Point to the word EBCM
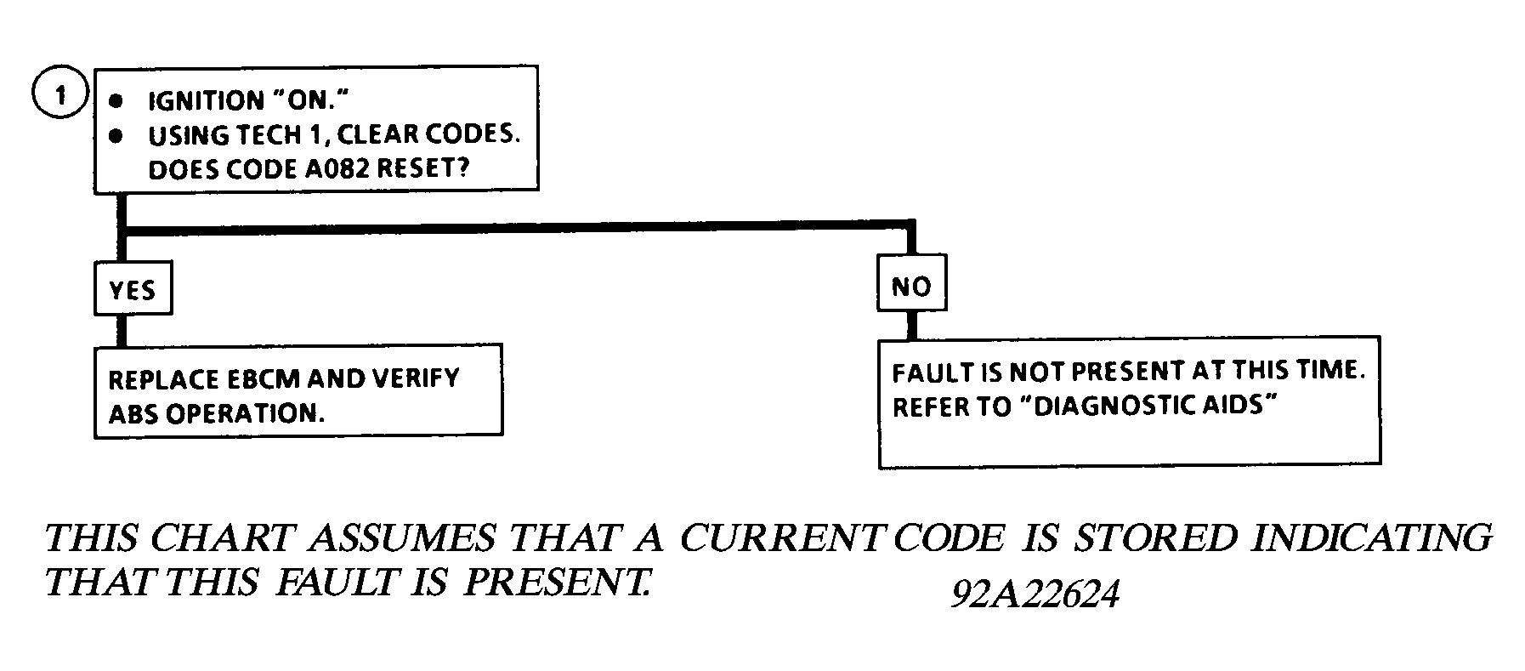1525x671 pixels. click(258, 378)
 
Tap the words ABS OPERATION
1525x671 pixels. click(217, 414)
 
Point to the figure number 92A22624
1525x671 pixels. click(1034, 596)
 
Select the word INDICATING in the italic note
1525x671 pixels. click(1372, 537)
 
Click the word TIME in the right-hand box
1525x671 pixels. click(1331, 372)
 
